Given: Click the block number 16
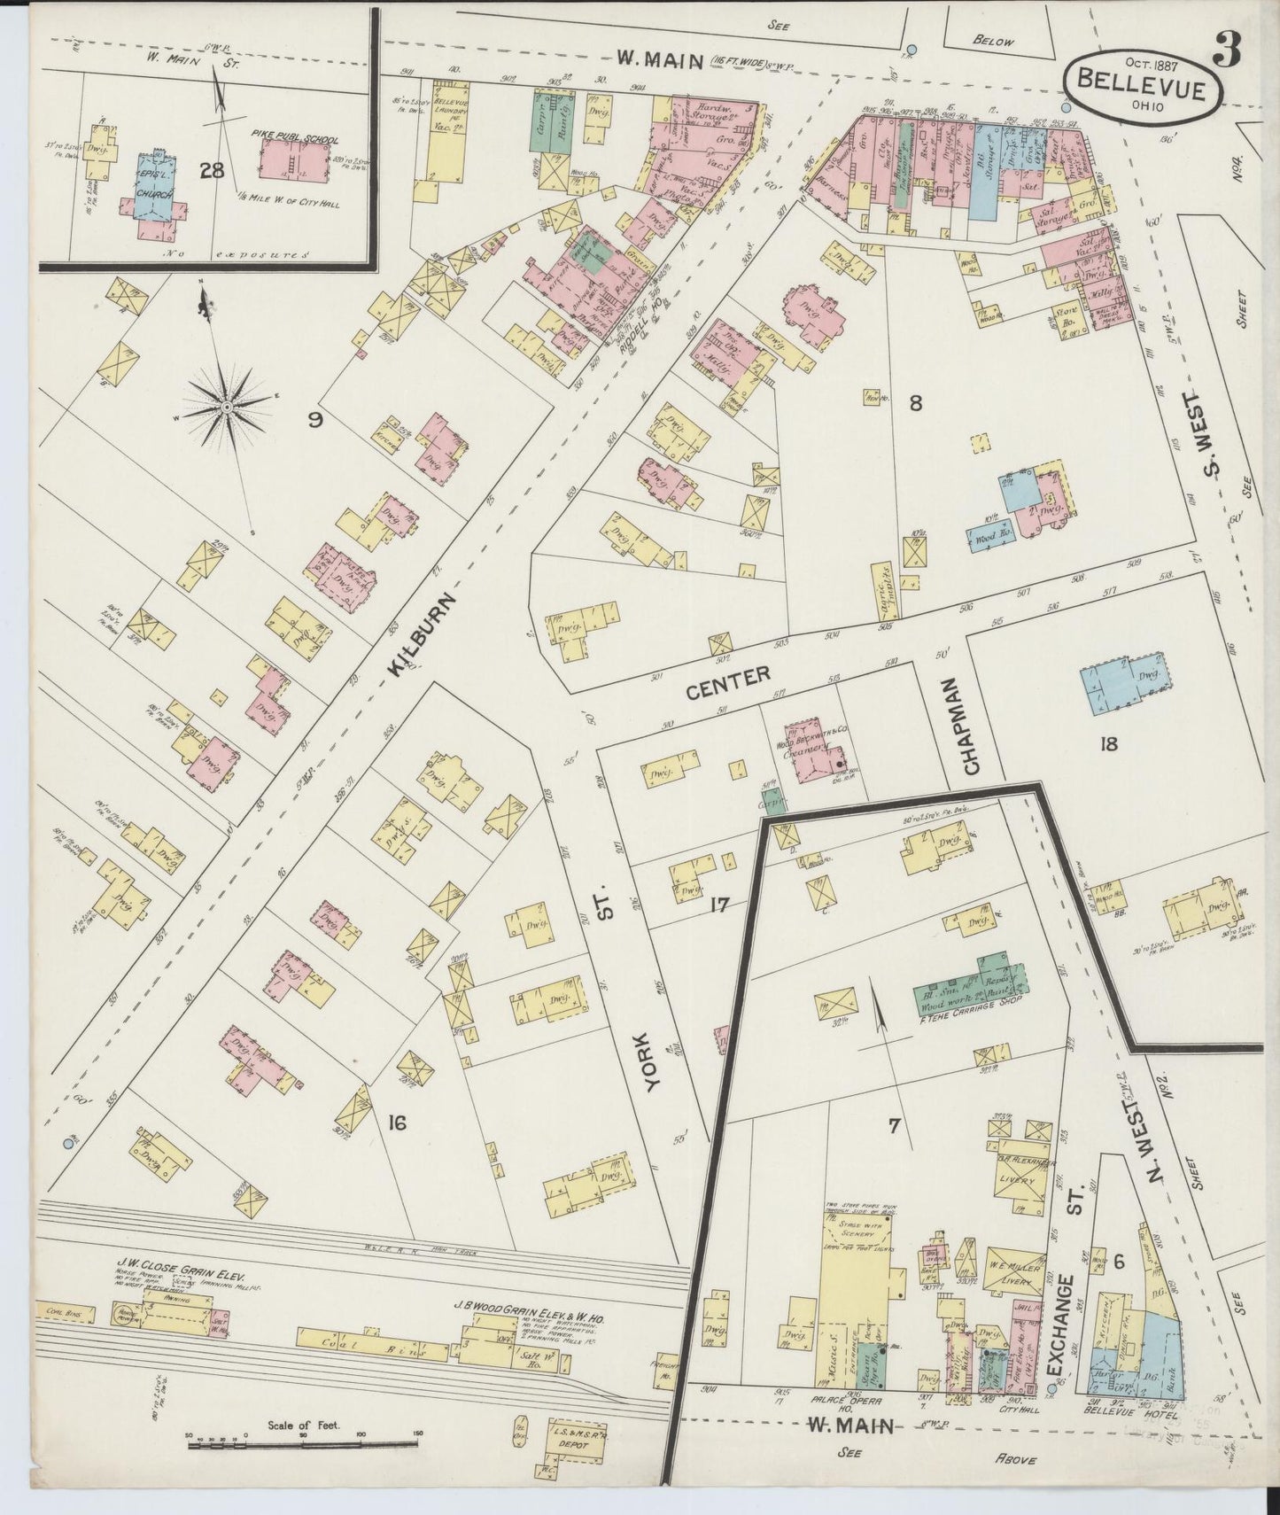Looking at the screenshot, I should pos(396,1123).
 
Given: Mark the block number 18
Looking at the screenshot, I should pos(1107,743).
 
